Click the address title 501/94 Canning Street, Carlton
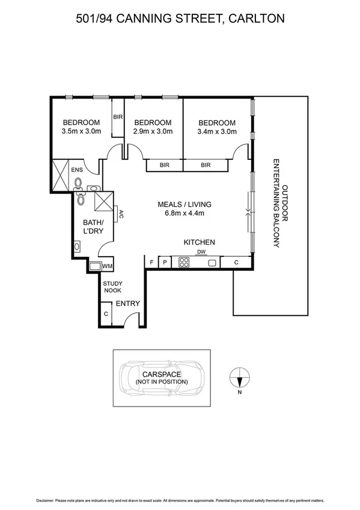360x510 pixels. (x=180, y=19)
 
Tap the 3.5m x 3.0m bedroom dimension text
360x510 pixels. (x=81, y=131)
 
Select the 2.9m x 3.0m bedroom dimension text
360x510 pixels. (x=153, y=131)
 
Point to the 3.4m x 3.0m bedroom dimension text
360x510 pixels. (x=216, y=131)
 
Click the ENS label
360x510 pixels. (x=76, y=170)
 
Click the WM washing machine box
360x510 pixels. (x=108, y=266)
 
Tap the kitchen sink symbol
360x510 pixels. (x=212, y=262)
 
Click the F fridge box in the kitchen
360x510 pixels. (x=151, y=262)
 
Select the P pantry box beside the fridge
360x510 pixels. (x=164, y=262)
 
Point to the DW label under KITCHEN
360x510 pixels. (x=201, y=252)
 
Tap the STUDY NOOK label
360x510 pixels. (x=112, y=286)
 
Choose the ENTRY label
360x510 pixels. (x=127, y=304)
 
